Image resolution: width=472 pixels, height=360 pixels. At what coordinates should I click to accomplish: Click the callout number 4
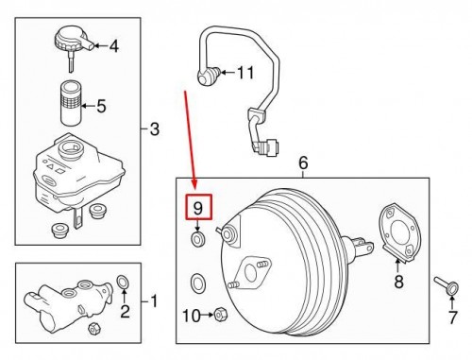point(114,45)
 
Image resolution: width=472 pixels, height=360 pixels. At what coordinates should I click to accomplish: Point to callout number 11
point(245,73)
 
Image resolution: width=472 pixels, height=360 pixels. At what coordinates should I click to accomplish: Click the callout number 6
point(304,164)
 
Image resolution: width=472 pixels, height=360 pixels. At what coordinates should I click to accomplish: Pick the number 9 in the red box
point(197,207)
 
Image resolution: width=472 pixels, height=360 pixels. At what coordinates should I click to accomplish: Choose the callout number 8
point(398,281)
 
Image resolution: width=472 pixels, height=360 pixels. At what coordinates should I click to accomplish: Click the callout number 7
point(452,317)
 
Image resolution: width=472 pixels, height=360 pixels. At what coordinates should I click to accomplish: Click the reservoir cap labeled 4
point(70,43)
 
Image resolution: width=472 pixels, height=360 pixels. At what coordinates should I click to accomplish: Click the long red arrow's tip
point(195,189)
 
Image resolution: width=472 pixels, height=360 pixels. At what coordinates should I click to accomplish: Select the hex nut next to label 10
point(220,315)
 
